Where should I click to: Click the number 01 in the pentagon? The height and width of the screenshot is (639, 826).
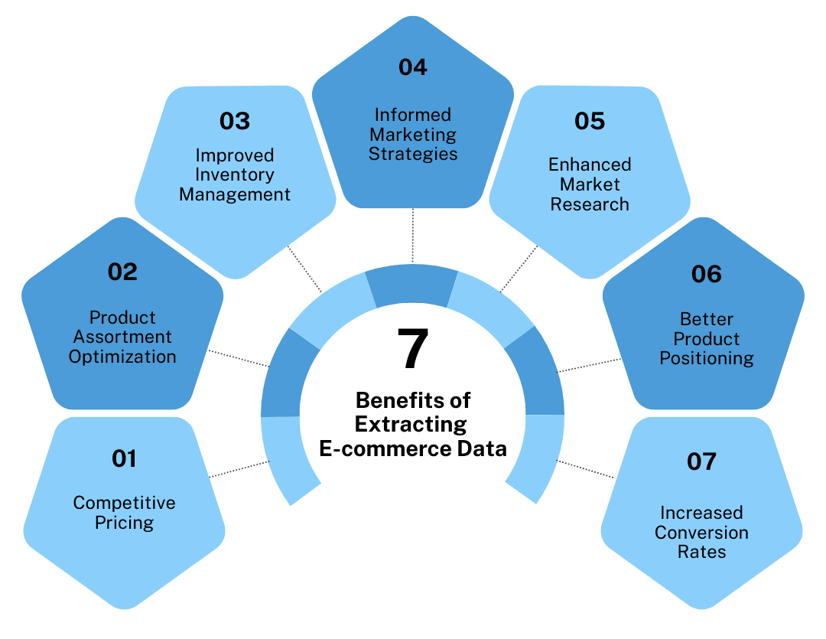[124, 458]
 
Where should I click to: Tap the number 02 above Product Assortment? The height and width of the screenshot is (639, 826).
[122, 272]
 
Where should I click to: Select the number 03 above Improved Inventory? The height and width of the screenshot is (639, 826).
[235, 121]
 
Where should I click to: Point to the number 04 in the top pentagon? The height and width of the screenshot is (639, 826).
[412, 67]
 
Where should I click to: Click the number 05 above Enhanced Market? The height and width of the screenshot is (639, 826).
[590, 121]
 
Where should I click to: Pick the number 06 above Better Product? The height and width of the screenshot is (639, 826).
[706, 274]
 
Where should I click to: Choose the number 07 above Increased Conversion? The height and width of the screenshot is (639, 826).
[701, 461]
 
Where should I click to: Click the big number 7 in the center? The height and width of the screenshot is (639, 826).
[412, 350]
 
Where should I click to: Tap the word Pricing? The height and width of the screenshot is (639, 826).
[124, 523]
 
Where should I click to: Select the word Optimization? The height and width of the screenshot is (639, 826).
[122, 357]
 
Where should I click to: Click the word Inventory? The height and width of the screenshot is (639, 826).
[235, 174]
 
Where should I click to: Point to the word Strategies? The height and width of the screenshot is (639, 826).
[413, 154]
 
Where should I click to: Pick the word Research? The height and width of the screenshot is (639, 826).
[590, 204]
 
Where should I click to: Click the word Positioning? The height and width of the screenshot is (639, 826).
[707, 358]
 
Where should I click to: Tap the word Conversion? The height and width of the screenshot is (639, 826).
[701, 533]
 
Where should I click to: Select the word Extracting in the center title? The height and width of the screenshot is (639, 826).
[412, 424]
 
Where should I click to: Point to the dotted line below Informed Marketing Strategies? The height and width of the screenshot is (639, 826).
[412, 236]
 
